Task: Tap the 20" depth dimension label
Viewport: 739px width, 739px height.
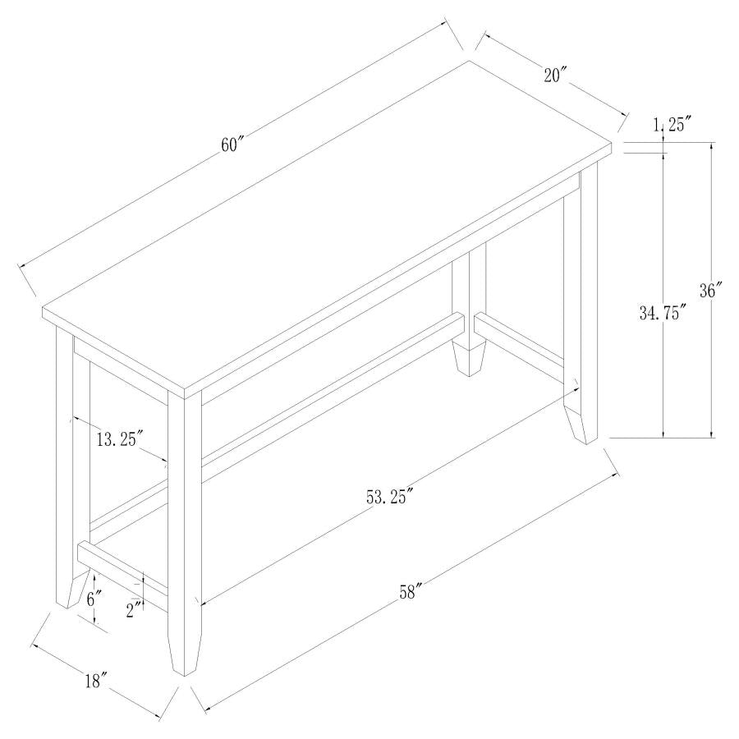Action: tap(555, 75)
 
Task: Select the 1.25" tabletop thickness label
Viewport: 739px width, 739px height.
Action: tap(672, 124)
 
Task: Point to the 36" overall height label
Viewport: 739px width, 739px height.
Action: tap(709, 291)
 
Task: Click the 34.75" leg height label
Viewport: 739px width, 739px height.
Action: tap(662, 313)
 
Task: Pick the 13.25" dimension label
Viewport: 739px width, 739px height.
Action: tap(120, 439)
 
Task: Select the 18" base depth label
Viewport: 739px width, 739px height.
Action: tap(96, 680)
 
